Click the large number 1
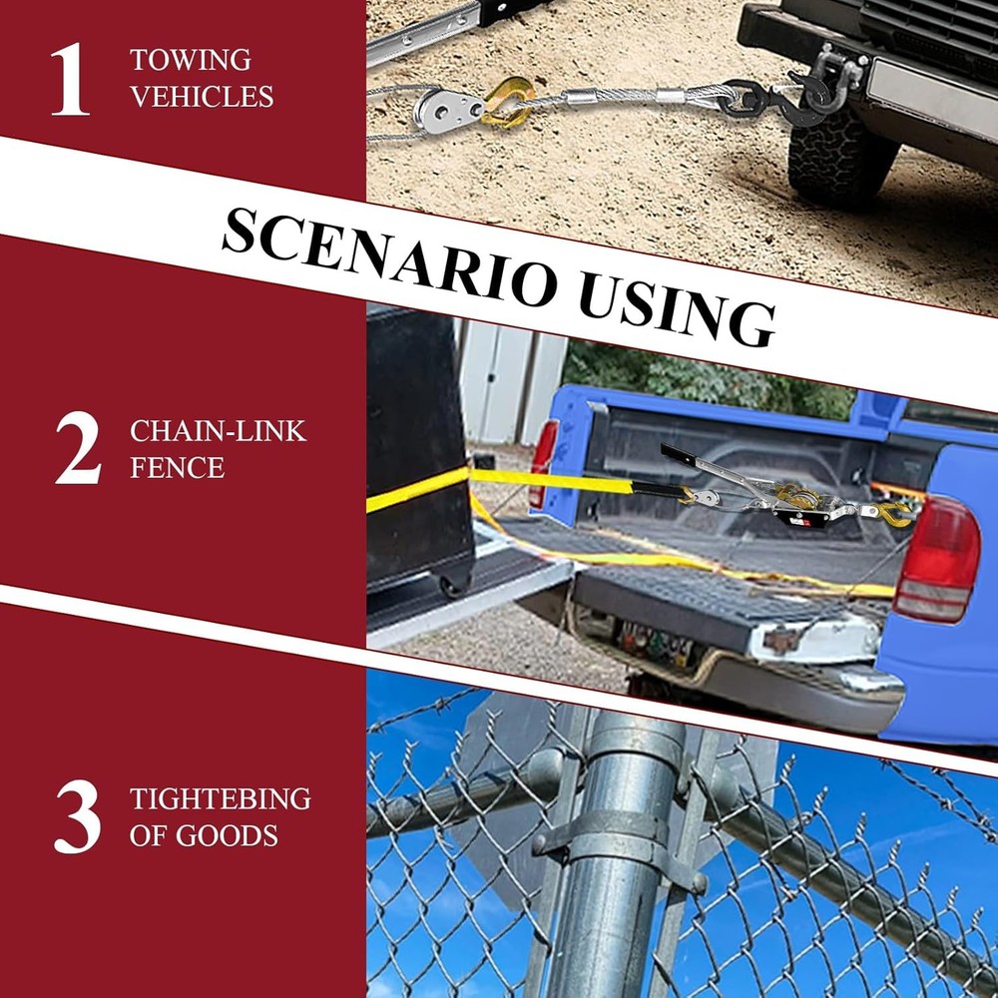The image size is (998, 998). [x=71, y=79]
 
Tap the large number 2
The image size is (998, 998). [x=78, y=447]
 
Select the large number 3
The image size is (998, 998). [x=78, y=816]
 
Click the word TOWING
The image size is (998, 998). [x=191, y=61]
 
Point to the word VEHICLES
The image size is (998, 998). [x=202, y=97]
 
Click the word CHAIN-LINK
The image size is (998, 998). [x=219, y=431]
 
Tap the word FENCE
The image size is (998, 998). [x=177, y=468]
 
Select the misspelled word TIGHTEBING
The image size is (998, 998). [x=221, y=798]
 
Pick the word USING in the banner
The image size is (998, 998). [x=677, y=314]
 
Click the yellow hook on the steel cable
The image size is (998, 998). [x=507, y=102]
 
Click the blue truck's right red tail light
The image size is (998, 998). [x=937, y=560]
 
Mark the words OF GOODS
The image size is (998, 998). [x=204, y=835]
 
